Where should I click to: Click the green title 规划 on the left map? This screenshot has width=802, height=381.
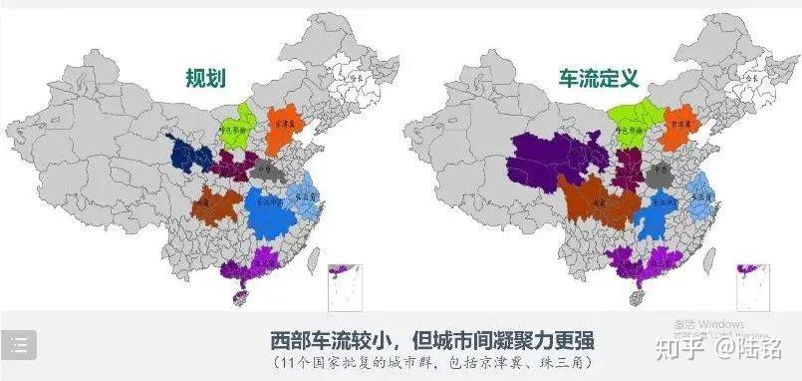207,79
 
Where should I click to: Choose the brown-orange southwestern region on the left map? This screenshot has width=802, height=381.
217,204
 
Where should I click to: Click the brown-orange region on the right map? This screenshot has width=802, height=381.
595,199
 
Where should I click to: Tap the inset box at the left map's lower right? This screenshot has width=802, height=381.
345,286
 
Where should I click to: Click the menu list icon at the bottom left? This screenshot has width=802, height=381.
20,344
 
